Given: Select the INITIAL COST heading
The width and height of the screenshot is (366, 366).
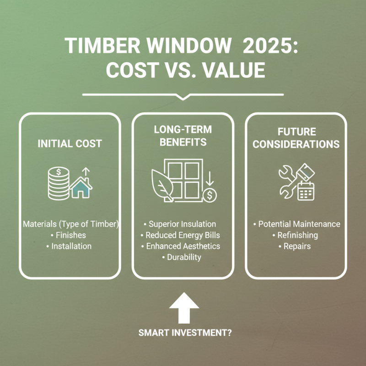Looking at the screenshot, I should click(70, 144).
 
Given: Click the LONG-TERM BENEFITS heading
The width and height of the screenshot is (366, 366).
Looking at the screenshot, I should click(183, 136).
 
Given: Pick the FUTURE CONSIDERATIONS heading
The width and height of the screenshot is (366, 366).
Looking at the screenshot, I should click(296, 138).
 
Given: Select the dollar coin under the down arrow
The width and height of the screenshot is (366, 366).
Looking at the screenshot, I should click(210, 195).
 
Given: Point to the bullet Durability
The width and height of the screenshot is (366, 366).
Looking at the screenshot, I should click(183, 257).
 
